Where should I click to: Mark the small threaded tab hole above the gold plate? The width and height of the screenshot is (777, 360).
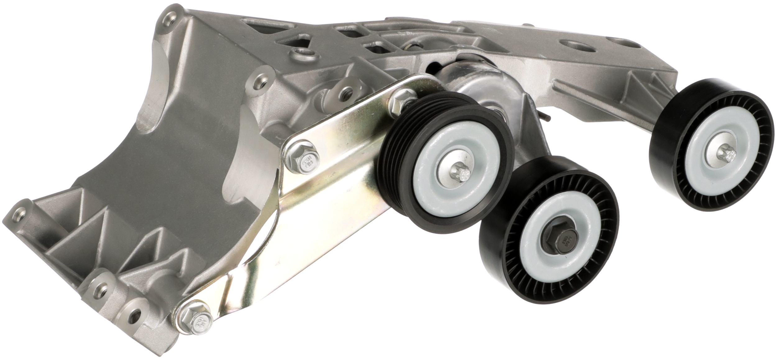point(346,91)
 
